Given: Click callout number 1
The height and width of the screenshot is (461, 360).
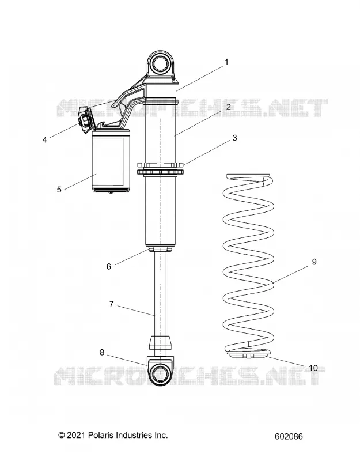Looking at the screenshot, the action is click(x=226, y=62).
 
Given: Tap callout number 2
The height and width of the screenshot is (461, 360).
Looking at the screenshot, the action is click(x=229, y=107).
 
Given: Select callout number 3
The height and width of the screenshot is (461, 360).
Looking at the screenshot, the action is click(x=234, y=138).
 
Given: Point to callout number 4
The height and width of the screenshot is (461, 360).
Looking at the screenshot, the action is click(x=45, y=139).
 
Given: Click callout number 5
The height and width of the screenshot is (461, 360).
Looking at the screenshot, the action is click(x=59, y=190).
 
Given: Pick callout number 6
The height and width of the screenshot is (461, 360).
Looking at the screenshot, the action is click(x=109, y=266).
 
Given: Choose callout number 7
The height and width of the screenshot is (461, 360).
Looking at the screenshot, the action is click(x=111, y=304).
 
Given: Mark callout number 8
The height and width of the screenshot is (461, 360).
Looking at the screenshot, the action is click(x=102, y=352).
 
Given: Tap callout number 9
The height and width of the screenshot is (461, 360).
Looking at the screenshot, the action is click(x=314, y=262).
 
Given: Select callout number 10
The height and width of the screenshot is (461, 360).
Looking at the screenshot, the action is click(x=313, y=368).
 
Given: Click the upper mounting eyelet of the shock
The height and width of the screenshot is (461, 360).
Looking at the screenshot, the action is click(x=161, y=63).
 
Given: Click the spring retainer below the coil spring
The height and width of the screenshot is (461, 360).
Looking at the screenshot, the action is click(x=248, y=353).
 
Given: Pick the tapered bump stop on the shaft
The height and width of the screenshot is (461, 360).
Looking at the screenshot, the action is click(x=161, y=342).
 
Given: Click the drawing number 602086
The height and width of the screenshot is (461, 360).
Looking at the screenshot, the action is click(x=289, y=437).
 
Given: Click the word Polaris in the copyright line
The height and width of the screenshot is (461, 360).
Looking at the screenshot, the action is click(x=101, y=435).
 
